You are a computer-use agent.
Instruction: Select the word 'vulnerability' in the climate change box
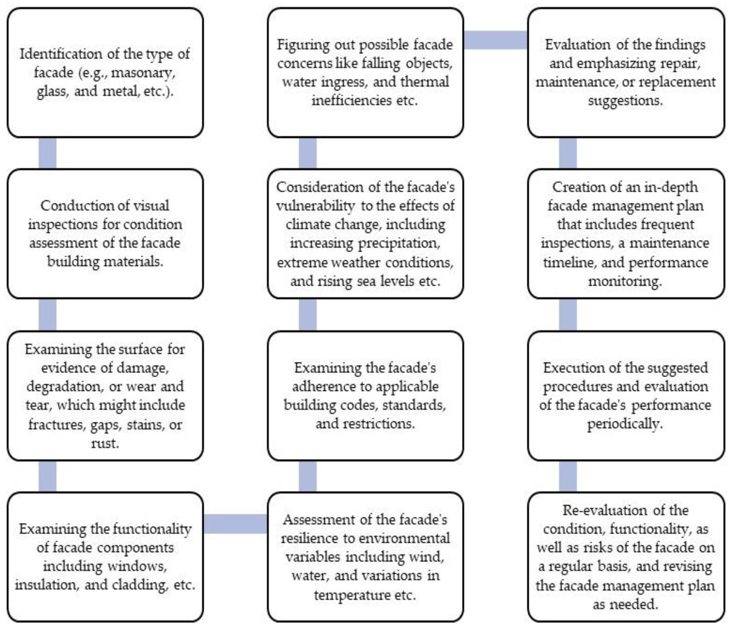tap(315, 206)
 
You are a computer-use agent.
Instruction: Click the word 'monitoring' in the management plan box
tap(625, 281)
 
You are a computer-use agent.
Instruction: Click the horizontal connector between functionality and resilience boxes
tap(235, 523)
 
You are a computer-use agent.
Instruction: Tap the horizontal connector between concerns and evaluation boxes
tap(495, 40)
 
